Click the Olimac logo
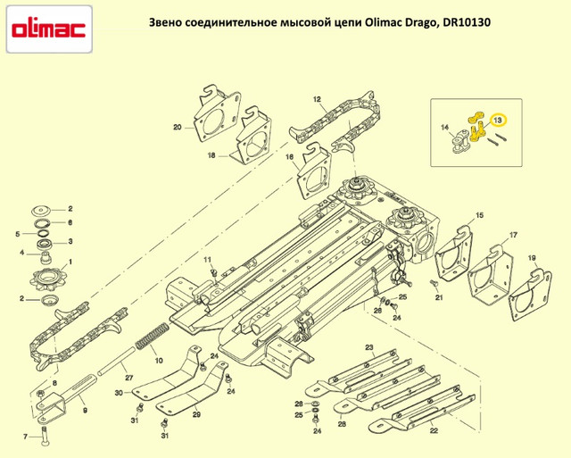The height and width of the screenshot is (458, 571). pyautogui.click(x=49, y=29)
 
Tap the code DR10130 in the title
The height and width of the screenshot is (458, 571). pyautogui.click(x=467, y=22)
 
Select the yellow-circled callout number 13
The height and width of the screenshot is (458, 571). pyautogui.click(x=498, y=120)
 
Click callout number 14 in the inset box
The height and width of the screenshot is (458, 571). pyautogui.click(x=444, y=127)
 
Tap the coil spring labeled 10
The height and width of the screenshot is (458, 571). pyautogui.click(x=152, y=335)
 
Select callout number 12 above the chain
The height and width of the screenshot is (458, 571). pyautogui.click(x=317, y=99)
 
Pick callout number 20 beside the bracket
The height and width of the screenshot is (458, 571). pyautogui.click(x=177, y=128)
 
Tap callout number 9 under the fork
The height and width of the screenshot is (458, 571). pyautogui.click(x=85, y=411)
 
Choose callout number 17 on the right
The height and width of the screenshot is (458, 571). pyautogui.click(x=513, y=235)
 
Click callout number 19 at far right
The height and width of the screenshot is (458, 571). pyautogui.click(x=532, y=258)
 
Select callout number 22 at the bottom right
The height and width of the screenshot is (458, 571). pyautogui.click(x=434, y=430)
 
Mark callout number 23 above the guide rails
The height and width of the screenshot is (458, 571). pyautogui.click(x=369, y=347)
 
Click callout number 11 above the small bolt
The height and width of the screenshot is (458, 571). pyautogui.click(x=208, y=260)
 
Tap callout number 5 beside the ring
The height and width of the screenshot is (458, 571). pyautogui.click(x=18, y=234)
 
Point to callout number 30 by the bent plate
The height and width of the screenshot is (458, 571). pyautogui.click(x=119, y=393)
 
